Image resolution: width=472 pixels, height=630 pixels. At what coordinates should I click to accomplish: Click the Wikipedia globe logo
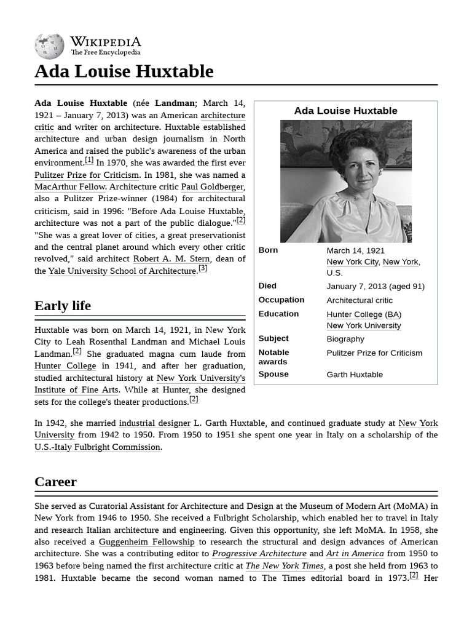point(49,46)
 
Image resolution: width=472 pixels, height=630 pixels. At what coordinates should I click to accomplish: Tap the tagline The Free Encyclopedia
point(105,53)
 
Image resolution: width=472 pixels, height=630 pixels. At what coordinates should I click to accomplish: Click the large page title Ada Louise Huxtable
point(124,71)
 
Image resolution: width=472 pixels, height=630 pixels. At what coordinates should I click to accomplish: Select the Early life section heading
point(63,306)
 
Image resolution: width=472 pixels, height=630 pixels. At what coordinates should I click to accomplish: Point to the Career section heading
point(55,482)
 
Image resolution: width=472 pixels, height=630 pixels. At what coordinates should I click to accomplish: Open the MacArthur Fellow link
point(70,186)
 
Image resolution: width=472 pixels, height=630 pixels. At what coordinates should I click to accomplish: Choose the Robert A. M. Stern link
point(171,258)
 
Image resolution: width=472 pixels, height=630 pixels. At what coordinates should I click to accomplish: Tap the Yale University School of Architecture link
point(122,271)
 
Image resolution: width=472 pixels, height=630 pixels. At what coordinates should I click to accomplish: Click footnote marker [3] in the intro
point(203,268)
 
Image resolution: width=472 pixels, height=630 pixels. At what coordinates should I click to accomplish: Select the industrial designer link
point(154,423)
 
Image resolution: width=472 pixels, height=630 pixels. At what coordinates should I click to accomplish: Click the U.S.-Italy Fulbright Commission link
point(98,447)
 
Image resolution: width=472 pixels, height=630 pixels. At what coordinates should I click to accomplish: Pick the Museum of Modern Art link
point(345,506)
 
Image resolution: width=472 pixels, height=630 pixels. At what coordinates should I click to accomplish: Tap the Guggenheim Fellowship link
point(146,541)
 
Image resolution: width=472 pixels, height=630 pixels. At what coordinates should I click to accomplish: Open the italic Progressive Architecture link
point(259,554)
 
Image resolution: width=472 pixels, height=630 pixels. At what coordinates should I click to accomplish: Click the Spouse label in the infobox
point(273,374)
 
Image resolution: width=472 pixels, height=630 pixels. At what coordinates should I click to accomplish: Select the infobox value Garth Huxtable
point(355,374)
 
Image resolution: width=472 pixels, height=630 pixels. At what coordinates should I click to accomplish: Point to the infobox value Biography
point(345,338)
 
